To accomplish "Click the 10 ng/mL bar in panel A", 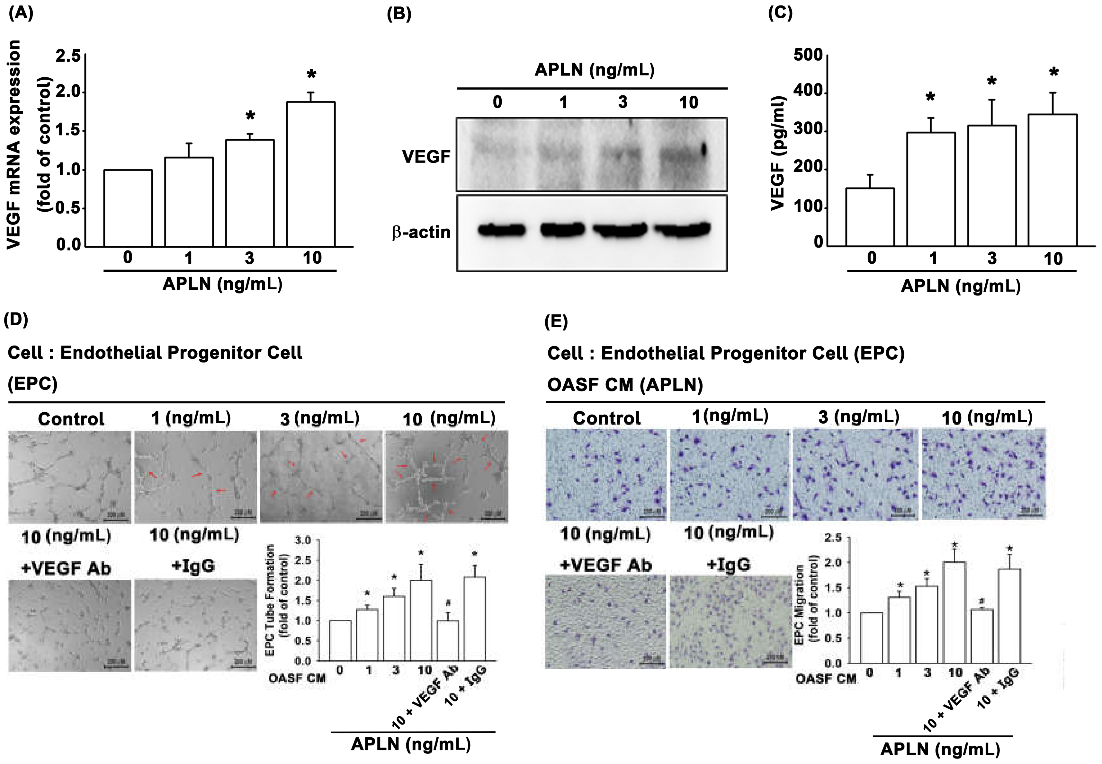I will pos(310,174).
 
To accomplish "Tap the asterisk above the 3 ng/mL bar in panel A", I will pos(250,116).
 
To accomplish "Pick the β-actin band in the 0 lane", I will pos(501,230).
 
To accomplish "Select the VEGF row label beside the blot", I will pos(426,156).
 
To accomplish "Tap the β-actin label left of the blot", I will pos(421,232).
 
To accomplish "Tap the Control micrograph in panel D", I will pos(69,476).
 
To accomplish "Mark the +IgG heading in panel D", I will pos(193,566).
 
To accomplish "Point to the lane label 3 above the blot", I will pos(623,102).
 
